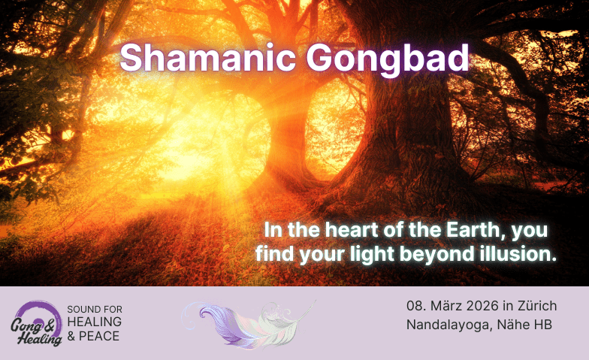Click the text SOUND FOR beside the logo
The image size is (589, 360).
[95, 310]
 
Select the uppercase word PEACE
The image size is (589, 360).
[101, 336]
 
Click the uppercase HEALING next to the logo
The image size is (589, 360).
[95, 322]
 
